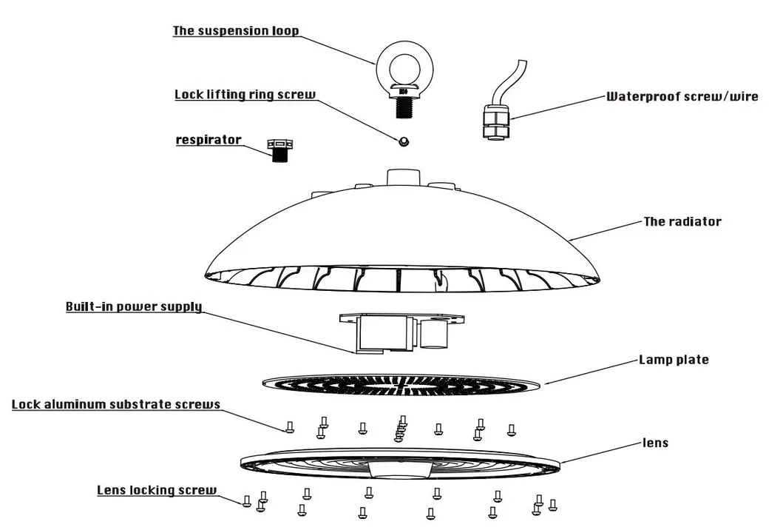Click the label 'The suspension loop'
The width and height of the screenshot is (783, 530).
[236, 31]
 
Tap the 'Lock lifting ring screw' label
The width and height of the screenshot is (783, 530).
[245, 95]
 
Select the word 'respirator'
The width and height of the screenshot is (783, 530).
[209, 140]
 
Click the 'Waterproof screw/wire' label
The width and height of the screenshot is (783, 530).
[682, 96]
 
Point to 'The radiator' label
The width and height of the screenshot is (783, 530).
[682, 221]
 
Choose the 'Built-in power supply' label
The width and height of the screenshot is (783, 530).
[134, 306]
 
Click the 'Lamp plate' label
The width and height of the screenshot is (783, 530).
[674, 360]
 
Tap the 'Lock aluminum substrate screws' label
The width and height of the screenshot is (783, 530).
[116, 404]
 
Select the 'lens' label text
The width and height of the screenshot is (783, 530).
[655, 443]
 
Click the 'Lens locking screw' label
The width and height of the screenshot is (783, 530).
[157, 490]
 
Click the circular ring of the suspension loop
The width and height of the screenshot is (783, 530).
[404, 70]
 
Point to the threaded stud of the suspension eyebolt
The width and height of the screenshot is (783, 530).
[404, 107]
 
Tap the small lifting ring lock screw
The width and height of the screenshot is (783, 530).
[404, 141]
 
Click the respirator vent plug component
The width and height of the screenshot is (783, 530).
[280, 150]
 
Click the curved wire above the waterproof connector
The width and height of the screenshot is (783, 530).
[509, 80]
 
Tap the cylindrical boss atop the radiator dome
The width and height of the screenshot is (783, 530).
[404, 178]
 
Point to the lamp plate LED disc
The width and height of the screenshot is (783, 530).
[401, 384]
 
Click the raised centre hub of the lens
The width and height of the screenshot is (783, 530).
[401, 469]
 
